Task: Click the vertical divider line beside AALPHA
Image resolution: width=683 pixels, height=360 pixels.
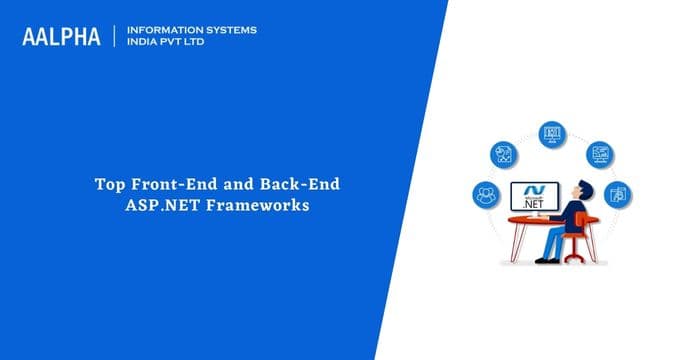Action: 116,37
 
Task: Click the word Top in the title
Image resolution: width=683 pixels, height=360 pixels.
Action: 107,185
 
